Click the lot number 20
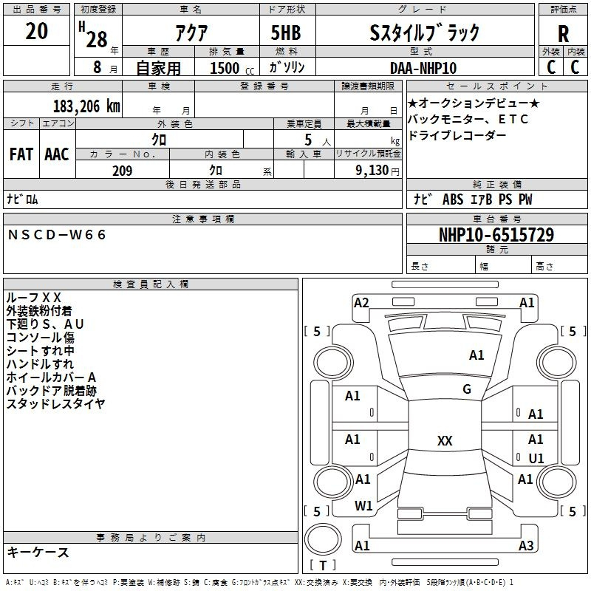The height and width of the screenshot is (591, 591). pyautogui.click(x=36, y=31)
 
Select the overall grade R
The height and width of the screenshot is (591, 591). pyautogui.click(x=563, y=34)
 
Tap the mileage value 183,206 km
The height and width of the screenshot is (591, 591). pyautogui.click(x=86, y=106)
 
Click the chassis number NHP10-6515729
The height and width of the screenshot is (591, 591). pyautogui.click(x=496, y=234)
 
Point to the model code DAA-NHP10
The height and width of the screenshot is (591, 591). pyautogui.click(x=423, y=68)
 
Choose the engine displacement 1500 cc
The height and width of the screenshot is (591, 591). pyautogui.click(x=232, y=68)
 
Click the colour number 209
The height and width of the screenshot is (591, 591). pyautogui.click(x=122, y=171)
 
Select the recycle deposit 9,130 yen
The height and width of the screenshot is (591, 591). pyautogui.click(x=378, y=171)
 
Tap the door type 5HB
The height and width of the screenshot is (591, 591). pyautogui.click(x=286, y=33)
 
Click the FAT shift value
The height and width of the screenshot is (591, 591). pyautogui.click(x=21, y=154)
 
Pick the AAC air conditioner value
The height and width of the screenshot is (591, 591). pyautogui.click(x=57, y=154)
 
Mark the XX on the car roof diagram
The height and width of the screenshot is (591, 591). pyautogui.click(x=445, y=440)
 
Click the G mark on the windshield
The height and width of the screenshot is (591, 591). pyautogui.click(x=467, y=389)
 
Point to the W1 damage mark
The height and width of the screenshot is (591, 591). pyautogui.click(x=363, y=506)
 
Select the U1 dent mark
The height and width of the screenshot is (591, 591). pyautogui.click(x=536, y=458)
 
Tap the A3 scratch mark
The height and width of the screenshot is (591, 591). pyautogui.click(x=526, y=545)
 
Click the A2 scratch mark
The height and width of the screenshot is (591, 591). pyautogui.click(x=361, y=303)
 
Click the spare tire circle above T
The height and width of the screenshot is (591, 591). pyautogui.click(x=323, y=539)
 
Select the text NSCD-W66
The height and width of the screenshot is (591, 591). pyautogui.click(x=57, y=235)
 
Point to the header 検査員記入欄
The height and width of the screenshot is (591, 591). pyautogui.click(x=151, y=284)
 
